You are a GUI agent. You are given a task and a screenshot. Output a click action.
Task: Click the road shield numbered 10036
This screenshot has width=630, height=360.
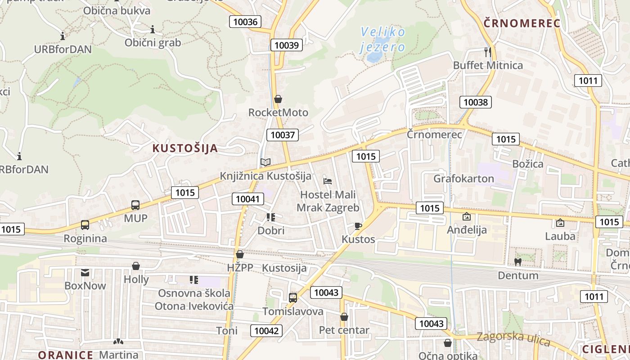pos(245,22)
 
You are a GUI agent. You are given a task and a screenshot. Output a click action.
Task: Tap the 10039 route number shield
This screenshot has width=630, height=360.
pos(287,45)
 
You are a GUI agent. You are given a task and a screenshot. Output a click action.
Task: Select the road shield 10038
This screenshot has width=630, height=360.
pos(475,102)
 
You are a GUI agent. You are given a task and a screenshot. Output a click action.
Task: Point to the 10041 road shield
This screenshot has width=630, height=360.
pos(248,198)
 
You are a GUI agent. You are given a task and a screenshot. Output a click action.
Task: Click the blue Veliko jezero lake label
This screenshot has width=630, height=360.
pos(383,39)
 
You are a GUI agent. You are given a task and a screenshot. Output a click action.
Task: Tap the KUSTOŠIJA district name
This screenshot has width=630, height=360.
pos(185,148)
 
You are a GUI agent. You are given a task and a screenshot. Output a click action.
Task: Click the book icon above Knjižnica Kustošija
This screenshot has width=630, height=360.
pos(265,162)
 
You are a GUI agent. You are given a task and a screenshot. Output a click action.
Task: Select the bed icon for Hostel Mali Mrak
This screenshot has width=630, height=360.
pos(328,181)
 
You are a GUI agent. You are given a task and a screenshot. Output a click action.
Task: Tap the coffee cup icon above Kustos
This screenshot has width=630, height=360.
pos(358,226)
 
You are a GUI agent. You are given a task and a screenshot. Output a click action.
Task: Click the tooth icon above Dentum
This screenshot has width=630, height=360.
pos(518,261)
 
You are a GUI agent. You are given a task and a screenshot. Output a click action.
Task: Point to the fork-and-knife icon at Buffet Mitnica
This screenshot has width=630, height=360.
pos(487,52)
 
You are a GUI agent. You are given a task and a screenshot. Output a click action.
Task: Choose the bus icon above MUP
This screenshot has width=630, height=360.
pos(135,205)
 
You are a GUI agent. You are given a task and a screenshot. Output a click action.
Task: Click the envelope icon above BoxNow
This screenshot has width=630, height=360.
pos(85,272)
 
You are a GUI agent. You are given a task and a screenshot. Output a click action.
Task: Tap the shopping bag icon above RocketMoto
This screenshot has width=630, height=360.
pos(278,99)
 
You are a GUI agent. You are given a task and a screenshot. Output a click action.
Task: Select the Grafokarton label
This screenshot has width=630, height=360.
pos(463,179)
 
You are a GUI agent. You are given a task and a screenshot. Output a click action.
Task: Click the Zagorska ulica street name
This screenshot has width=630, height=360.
pos(513,339)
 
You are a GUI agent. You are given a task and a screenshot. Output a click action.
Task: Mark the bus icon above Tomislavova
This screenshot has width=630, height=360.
pos(293,297)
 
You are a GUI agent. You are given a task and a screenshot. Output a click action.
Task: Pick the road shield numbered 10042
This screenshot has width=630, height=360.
pos(266,331)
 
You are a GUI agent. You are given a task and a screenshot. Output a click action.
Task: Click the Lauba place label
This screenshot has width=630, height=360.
pos(560,236)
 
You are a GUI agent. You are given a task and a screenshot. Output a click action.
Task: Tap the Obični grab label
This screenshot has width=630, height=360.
pos(153,43)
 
